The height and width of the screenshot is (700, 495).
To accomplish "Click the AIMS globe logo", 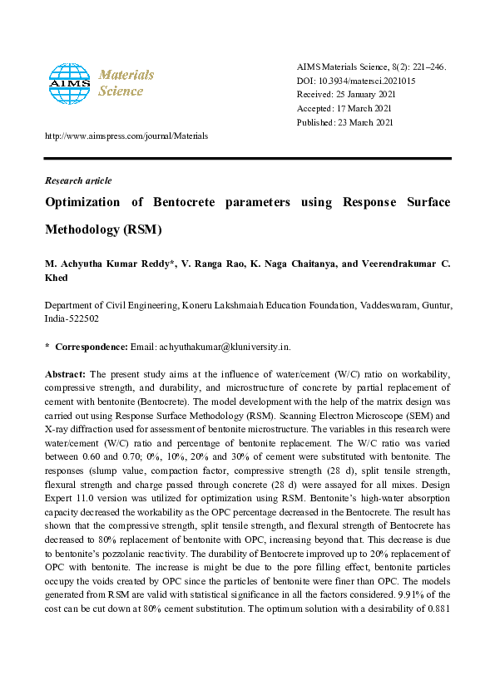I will [68, 82].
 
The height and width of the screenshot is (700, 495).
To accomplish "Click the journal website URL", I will [126, 136].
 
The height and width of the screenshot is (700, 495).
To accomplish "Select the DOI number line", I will [356, 81].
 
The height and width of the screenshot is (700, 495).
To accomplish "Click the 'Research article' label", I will [77, 180].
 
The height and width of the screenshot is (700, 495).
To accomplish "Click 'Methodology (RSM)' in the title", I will [102, 229].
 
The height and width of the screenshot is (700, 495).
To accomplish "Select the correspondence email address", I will [224, 346].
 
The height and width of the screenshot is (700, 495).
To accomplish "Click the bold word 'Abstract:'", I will [64, 374].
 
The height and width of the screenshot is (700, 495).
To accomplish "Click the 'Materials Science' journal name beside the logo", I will [126, 82].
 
